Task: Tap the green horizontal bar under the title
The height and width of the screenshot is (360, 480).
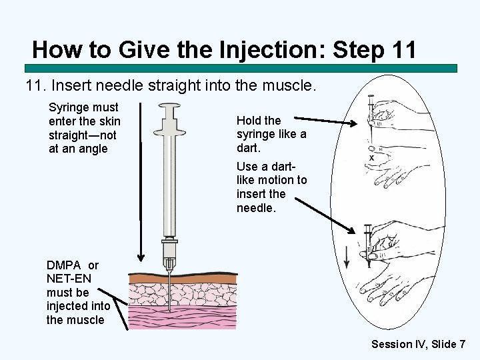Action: pos(241,68)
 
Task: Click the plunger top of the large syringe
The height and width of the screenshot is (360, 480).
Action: pos(169,106)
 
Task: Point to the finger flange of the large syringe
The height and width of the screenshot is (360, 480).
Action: pos(169,133)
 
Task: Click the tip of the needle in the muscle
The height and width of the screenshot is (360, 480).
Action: pos(169,311)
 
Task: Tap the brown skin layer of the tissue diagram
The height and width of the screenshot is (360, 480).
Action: pos(183,278)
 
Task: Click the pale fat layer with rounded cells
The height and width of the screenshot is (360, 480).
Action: pos(183,295)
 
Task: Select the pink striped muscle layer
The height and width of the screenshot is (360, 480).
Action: pos(183,317)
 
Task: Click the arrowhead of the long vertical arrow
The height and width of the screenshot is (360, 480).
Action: pos(141,258)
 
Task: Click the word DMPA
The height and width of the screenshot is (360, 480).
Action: pos(64,265)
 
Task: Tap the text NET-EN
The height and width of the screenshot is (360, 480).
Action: pos(69,279)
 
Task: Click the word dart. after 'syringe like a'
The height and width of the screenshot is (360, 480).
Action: pos(248,148)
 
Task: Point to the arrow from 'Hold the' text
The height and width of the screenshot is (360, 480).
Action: pos(325,121)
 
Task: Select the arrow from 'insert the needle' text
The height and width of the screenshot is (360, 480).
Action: pos(325,215)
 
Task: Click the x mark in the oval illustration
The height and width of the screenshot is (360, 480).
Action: pos(371,158)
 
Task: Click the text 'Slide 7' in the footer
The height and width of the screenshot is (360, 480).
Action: pos(447,344)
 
